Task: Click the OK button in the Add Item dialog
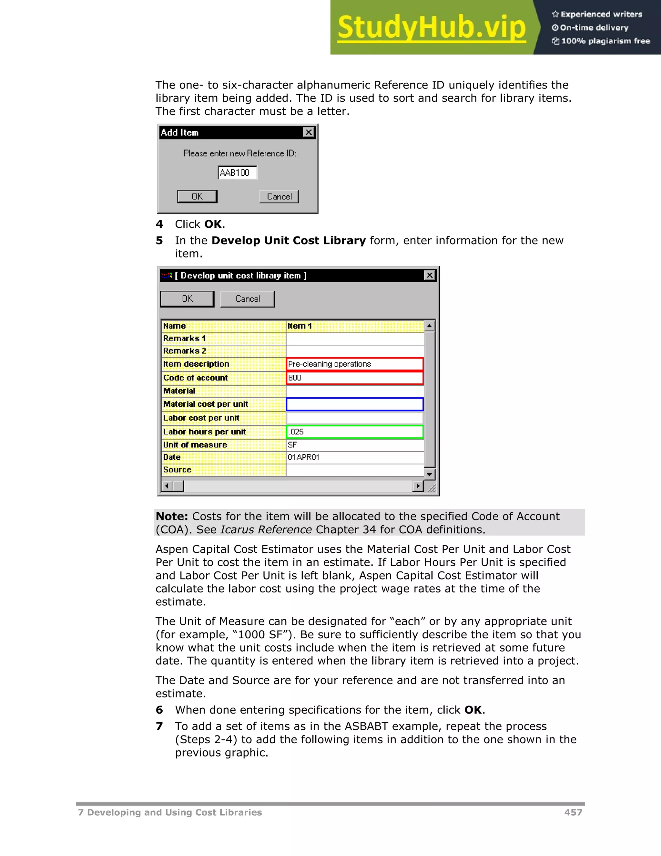197,196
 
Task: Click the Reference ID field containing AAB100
237,172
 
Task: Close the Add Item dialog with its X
309,132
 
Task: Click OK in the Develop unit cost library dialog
187,299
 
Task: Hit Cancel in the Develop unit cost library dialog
248,299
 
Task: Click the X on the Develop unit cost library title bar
430,276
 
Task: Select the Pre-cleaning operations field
355,364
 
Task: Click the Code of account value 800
355,378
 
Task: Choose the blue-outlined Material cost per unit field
355,404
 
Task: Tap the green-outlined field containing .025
355,432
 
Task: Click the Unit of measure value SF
355,445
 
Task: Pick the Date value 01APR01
355,457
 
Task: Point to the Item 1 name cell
355,326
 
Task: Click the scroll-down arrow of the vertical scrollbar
430,474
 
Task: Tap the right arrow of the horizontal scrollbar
418,486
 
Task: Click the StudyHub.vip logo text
431,27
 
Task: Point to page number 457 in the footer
573,812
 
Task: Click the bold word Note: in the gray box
172,517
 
